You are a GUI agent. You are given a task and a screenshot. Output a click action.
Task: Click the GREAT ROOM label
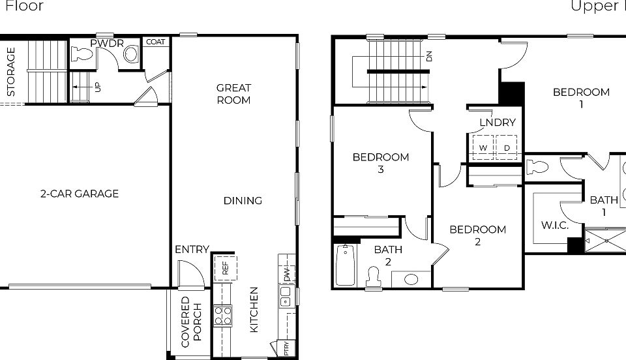click(233, 94)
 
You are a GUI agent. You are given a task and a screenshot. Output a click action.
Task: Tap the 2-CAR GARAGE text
click(80, 194)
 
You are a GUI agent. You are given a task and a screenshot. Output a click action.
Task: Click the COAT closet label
click(155, 42)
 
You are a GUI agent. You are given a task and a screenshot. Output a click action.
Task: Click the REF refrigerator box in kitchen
click(225, 267)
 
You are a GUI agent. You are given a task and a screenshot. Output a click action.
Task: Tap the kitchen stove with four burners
click(224, 316)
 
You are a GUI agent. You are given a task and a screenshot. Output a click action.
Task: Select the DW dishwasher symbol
click(286, 274)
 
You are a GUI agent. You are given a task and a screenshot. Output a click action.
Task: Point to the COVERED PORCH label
click(192, 322)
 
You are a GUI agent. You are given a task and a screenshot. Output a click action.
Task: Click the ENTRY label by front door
click(192, 249)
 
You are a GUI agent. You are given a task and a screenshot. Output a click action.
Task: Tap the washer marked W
click(483, 148)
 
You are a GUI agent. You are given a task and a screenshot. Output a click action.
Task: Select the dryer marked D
click(507, 148)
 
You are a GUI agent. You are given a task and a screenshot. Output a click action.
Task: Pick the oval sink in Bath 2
click(411, 279)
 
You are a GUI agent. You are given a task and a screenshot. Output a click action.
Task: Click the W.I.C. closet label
click(555, 226)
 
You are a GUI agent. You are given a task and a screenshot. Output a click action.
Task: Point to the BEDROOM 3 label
click(381, 163)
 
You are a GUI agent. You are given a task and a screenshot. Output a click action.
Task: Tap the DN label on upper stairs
click(428, 56)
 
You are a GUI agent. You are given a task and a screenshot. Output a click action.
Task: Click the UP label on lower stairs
click(98, 86)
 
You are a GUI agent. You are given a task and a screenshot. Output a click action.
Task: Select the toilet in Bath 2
click(374, 276)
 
